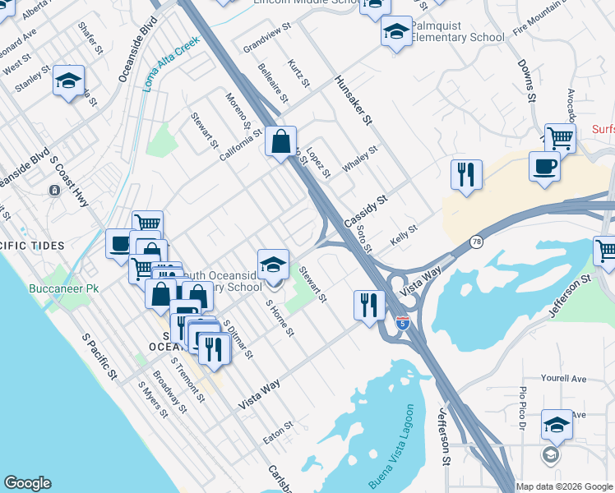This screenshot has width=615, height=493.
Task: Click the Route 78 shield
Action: pyautogui.click(x=476, y=242)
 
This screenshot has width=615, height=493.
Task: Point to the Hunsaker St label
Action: pyautogui.click(x=354, y=100)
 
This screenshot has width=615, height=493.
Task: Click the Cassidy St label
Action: pyautogui.click(x=366, y=212)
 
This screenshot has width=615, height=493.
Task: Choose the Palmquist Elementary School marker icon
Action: pyautogui.click(x=396, y=31)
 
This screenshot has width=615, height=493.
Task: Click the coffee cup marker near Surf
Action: pyautogui.click(x=543, y=166)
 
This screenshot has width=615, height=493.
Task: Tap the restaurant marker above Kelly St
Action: pyautogui.click(x=465, y=174)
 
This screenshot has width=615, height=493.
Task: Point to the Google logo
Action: pyautogui.click(x=27, y=483)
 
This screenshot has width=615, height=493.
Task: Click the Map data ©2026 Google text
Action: pyautogui.click(x=564, y=486)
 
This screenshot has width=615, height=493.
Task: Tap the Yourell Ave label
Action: pyautogui.click(x=563, y=379)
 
